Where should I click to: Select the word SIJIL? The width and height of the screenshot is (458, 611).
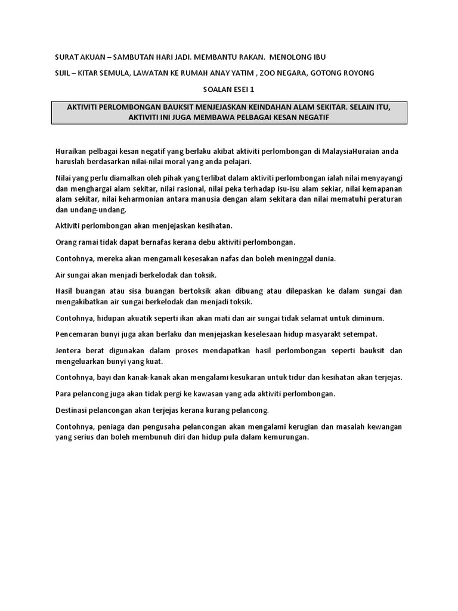tap(63, 73)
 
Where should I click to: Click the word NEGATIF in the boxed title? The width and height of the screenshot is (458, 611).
tap(313, 117)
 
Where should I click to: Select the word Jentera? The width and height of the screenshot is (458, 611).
tap(70, 350)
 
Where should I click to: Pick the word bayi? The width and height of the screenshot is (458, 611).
tap(112, 377)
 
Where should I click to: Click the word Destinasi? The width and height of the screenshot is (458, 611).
tap(75, 410)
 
